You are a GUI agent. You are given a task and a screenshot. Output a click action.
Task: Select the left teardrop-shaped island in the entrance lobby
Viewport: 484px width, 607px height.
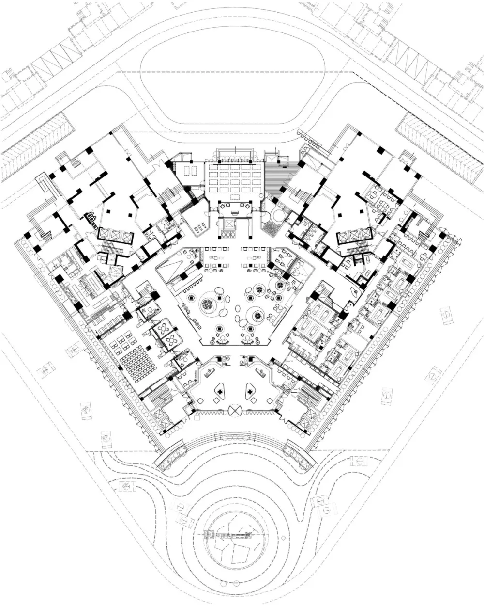[x=220, y=391]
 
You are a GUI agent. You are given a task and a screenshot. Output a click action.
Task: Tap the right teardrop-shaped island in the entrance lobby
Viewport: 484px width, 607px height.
[x=251, y=391]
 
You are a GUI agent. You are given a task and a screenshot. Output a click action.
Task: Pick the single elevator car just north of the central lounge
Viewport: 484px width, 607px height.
[x=228, y=224]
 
